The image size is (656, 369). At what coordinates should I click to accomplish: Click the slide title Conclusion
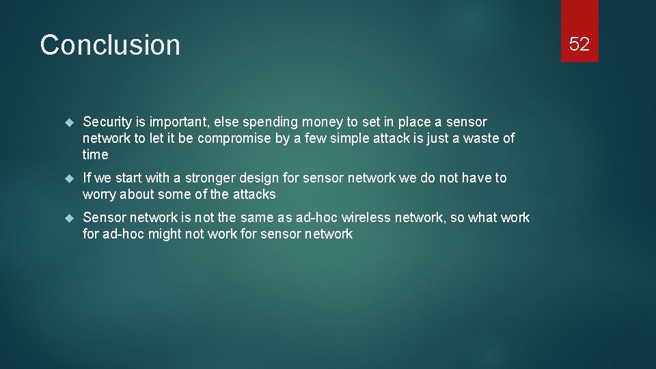(x=110, y=45)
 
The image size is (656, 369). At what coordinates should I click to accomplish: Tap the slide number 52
(x=579, y=44)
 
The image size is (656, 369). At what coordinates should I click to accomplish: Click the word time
(x=96, y=155)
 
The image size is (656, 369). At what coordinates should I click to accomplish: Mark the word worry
(x=100, y=195)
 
